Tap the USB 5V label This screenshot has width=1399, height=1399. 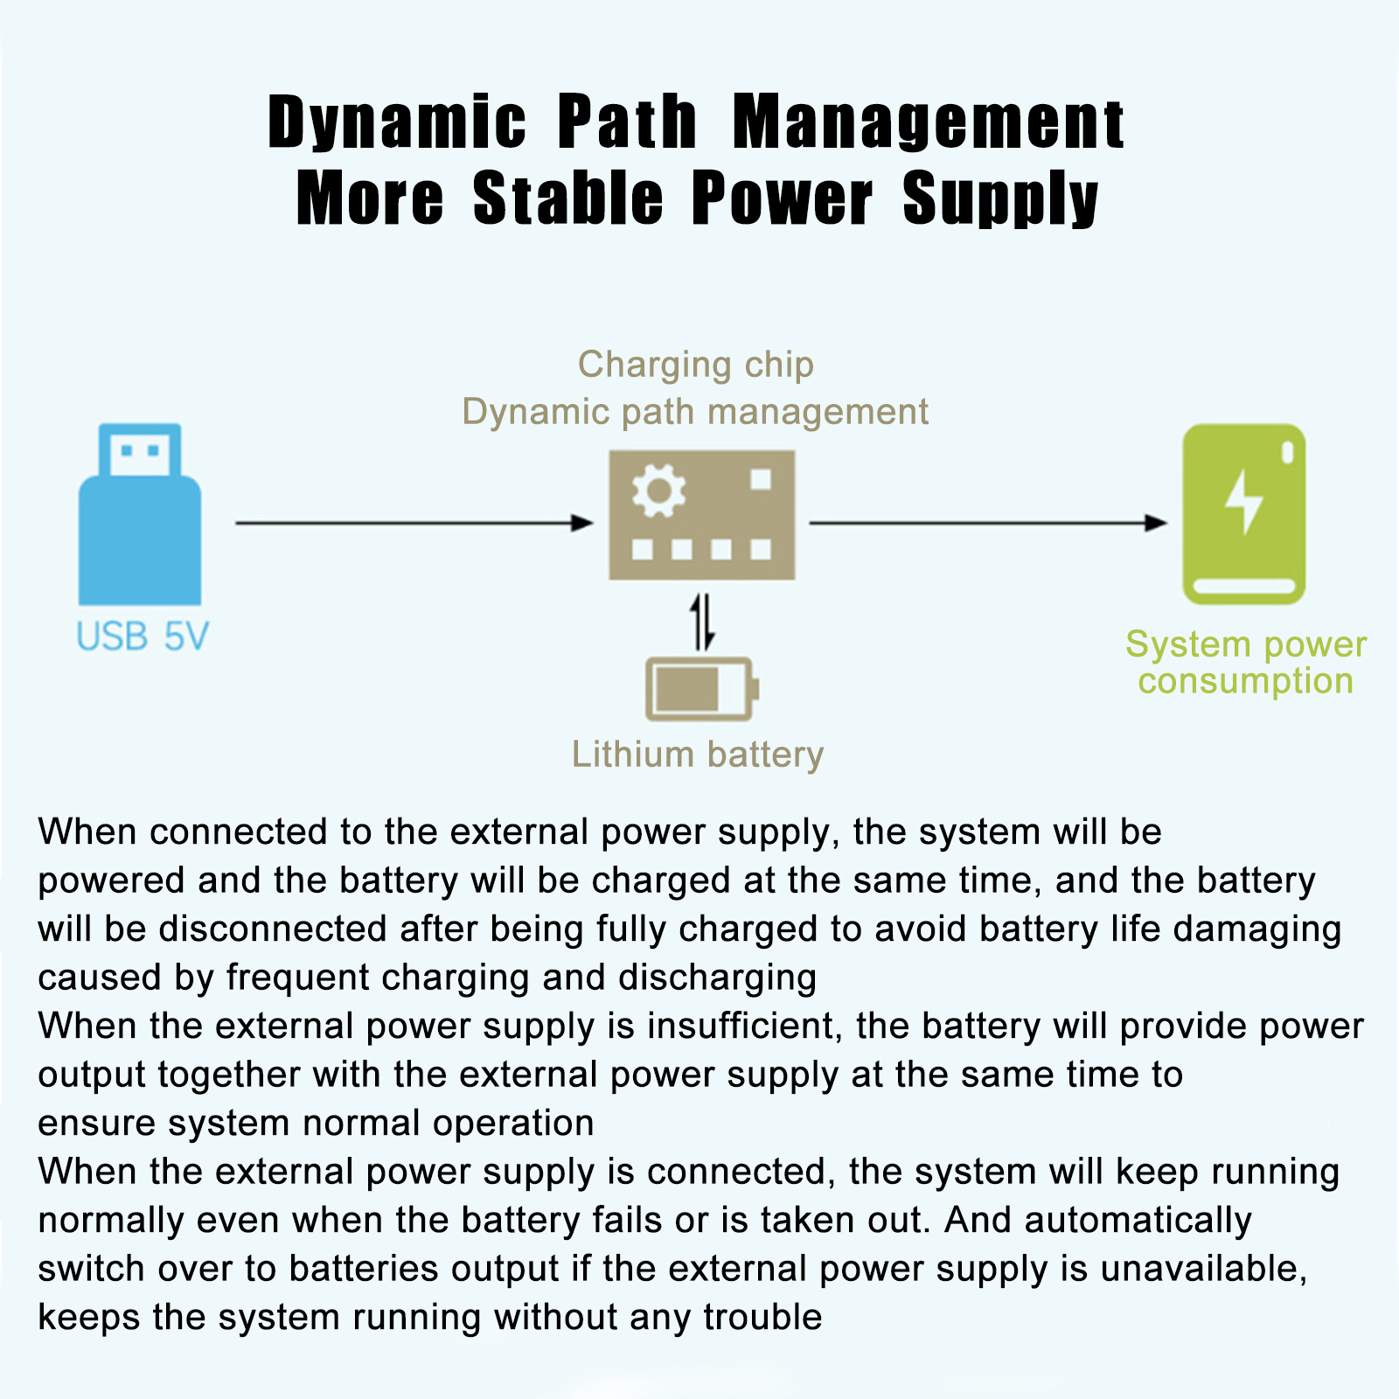click(x=142, y=637)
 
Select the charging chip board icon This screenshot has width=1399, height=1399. click(x=701, y=516)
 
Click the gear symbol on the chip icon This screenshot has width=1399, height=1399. click(x=658, y=491)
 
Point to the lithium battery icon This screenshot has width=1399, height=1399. click(x=699, y=689)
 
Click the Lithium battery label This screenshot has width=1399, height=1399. click(x=697, y=755)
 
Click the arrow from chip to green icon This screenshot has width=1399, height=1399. click(x=988, y=523)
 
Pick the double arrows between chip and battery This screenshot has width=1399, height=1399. click(x=702, y=622)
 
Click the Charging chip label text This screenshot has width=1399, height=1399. click(x=696, y=365)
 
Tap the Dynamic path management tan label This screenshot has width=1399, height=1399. click(x=695, y=412)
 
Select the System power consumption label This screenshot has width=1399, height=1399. click(x=1245, y=663)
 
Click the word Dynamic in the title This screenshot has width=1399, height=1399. click(x=397, y=122)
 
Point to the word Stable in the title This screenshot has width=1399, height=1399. click(x=568, y=198)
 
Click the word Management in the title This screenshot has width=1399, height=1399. click(x=928, y=122)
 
